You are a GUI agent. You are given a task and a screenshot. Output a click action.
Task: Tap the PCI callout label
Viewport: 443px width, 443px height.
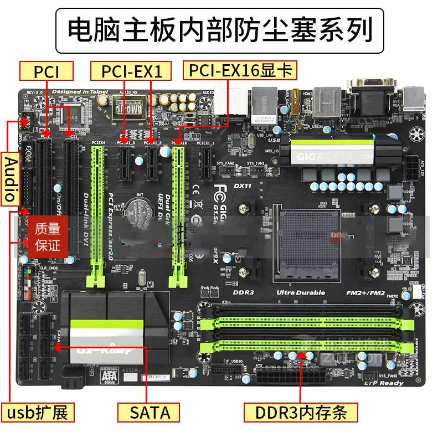pyautogui.click(x=47, y=71)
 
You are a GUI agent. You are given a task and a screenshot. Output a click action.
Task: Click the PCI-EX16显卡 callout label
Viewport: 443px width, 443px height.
pyautogui.click(x=240, y=70)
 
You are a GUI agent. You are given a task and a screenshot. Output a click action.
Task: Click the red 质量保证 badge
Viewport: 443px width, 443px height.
pyautogui.click(x=48, y=236)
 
